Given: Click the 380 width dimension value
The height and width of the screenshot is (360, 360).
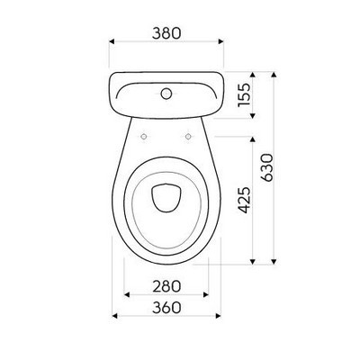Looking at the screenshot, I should [167, 32].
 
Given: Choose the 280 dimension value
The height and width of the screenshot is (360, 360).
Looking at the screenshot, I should [167, 286].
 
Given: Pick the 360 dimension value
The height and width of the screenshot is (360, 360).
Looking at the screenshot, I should [167, 307].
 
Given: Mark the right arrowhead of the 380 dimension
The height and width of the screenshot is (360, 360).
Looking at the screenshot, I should [222, 42].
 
